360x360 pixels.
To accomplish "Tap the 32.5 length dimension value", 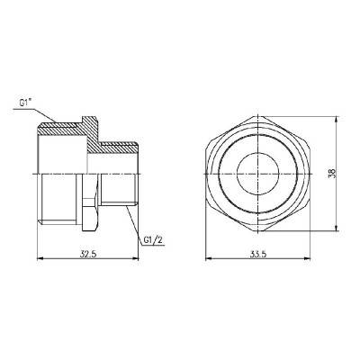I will [87, 255].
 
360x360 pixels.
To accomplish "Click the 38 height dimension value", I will [332, 172].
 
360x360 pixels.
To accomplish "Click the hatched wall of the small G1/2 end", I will [117, 145].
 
